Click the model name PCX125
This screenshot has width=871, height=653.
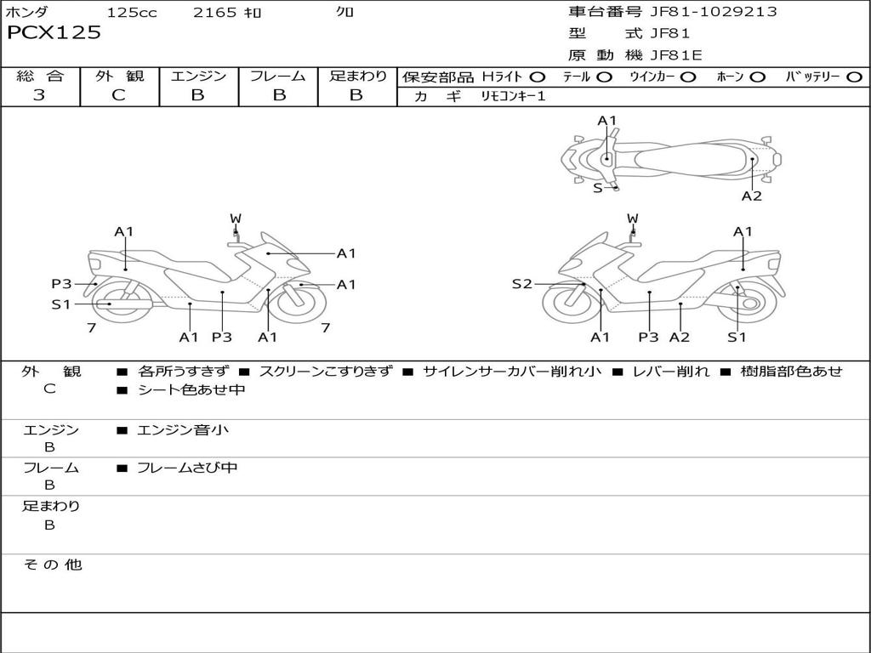(54, 32)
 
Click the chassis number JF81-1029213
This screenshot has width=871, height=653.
(714, 12)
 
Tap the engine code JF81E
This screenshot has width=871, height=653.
(676, 55)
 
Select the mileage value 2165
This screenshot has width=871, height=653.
(215, 12)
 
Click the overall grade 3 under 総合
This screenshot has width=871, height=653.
(39, 95)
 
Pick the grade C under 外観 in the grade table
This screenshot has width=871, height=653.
(118, 95)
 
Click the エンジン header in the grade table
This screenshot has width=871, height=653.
(198, 76)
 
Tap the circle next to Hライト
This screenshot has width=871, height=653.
(538, 77)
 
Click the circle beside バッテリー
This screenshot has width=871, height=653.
(854, 77)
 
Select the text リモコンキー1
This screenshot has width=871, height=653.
(513, 96)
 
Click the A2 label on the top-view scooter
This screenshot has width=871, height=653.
(752, 196)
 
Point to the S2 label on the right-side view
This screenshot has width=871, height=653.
(521, 284)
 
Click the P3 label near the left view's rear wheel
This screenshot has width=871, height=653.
(61, 284)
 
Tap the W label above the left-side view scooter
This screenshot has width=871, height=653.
(236, 219)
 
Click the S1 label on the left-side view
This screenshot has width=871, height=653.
(61, 304)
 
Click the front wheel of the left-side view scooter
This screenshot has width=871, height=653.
(300, 303)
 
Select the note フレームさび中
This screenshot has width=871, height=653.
(187, 468)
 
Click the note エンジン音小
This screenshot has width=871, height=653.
(182, 430)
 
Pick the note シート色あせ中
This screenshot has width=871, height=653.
(191, 389)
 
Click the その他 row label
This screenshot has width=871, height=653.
(53, 565)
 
